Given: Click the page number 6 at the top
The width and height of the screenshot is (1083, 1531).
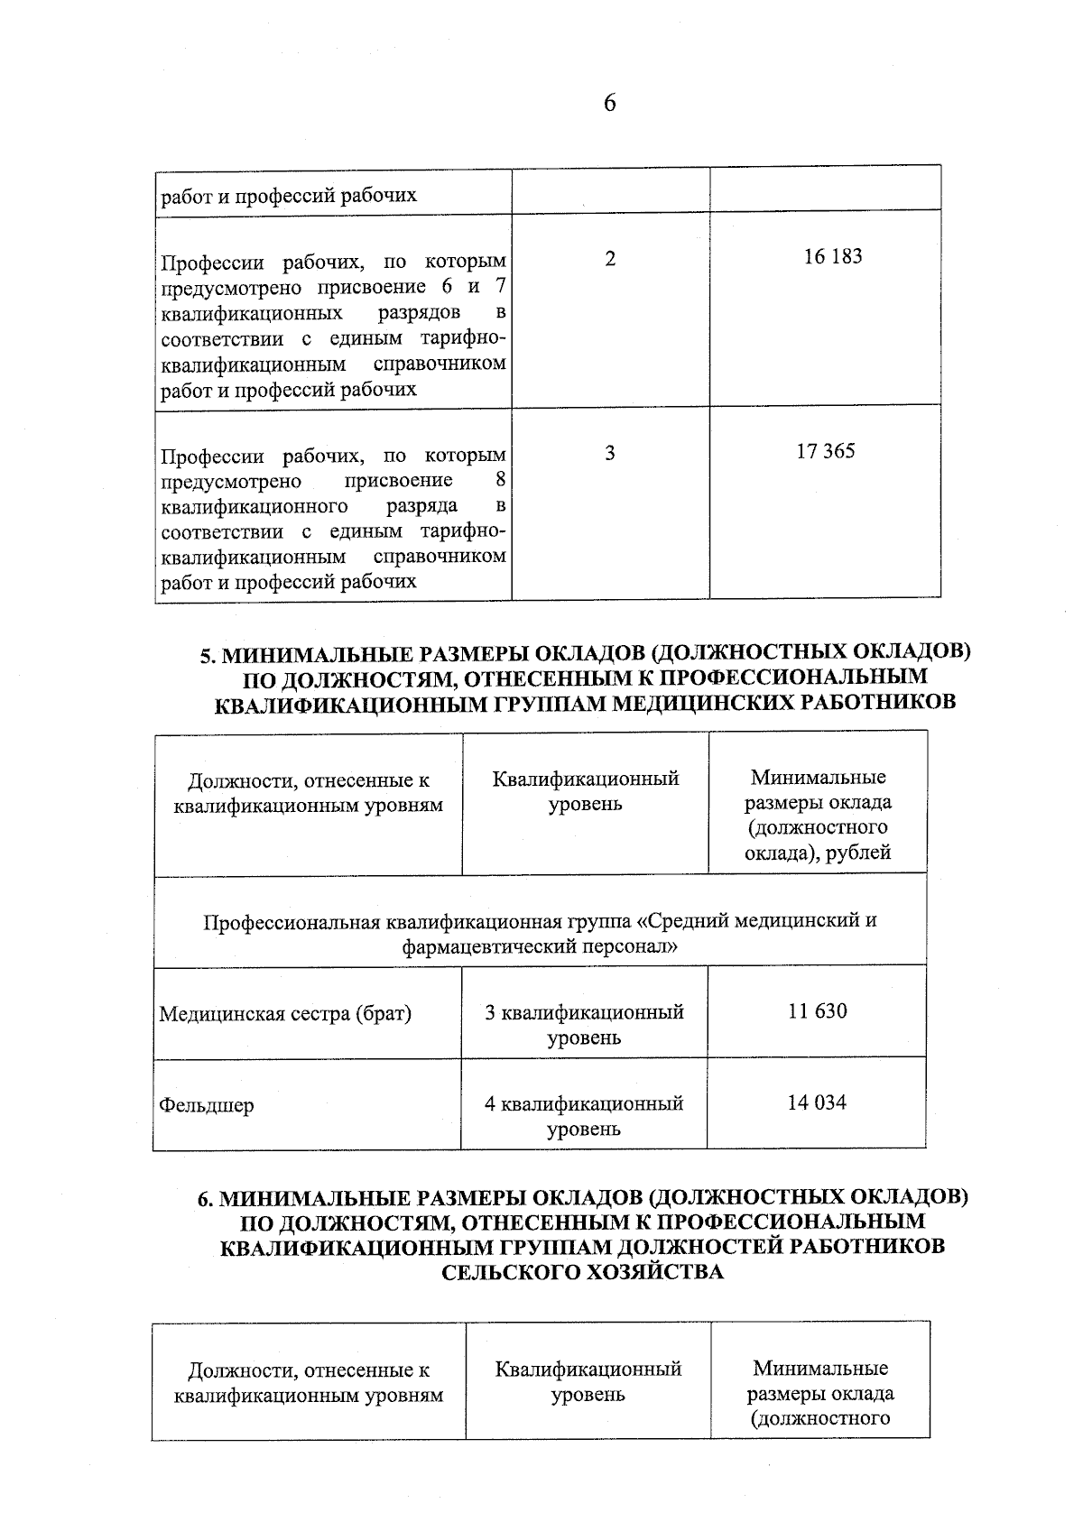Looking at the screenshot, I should [609, 104].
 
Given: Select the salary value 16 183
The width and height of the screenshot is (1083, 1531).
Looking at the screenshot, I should [832, 257].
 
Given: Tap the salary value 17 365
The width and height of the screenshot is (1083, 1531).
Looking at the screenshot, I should [825, 451].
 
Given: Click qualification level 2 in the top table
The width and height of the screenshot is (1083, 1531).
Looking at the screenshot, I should [611, 259].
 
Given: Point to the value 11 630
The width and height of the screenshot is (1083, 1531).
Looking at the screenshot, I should [817, 1011].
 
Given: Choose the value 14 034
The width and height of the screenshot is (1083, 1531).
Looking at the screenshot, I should [817, 1102].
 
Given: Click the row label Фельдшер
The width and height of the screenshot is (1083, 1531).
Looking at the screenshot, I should [207, 1105].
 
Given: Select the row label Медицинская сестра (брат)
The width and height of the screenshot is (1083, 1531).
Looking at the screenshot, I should [285, 1014].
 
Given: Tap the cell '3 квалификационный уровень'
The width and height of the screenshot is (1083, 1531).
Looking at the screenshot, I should [584, 1025].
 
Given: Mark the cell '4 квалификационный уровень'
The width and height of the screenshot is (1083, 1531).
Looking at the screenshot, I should [584, 1116].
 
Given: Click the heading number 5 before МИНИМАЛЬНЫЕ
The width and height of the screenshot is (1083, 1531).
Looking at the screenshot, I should [205, 654].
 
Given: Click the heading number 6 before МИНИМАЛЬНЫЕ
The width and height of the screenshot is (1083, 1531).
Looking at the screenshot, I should [204, 1199].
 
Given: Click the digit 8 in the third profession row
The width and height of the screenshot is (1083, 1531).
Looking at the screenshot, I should [501, 480].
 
